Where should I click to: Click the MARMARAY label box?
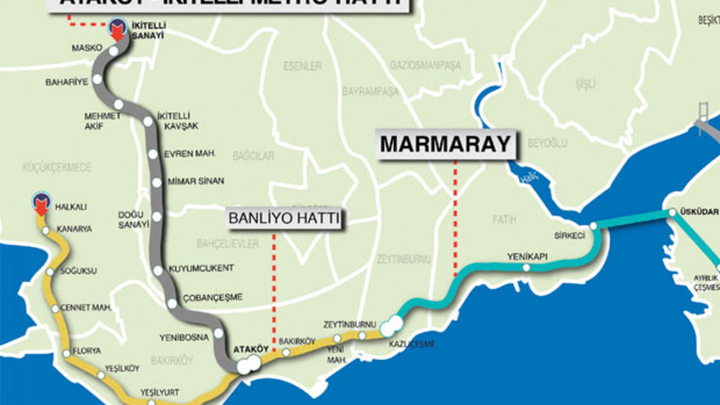tap(445, 144)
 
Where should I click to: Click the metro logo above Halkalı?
tap(41, 201)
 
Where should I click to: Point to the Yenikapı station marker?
tap(526, 268)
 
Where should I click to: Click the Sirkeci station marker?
tap(592, 225)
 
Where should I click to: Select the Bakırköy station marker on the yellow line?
tap(286, 352)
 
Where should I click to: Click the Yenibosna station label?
tap(184, 337)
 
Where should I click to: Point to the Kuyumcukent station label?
tap(200, 268)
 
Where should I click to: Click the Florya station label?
tap(87, 350)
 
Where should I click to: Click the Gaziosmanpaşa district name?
tap(425, 65)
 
